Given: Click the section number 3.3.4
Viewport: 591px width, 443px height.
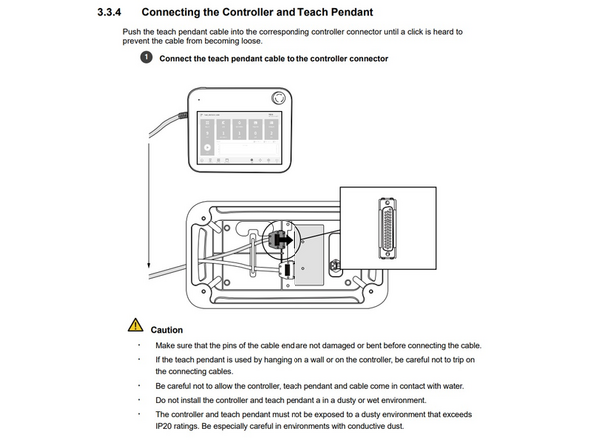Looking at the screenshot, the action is click(109, 12).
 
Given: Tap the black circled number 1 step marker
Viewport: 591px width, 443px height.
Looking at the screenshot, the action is click(146, 57).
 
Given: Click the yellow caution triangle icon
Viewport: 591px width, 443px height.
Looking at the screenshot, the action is click(135, 325).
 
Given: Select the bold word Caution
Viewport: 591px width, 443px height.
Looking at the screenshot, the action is click(166, 330).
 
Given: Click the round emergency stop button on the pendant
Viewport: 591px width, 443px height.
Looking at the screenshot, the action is click(279, 98).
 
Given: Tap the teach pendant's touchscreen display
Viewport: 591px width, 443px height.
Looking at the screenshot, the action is click(239, 138).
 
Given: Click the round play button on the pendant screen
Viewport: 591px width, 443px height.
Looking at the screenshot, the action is click(207, 148).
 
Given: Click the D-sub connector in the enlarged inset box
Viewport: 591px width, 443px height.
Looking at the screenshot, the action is click(387, 228).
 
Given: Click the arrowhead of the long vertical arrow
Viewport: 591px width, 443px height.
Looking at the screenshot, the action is click(149, 264).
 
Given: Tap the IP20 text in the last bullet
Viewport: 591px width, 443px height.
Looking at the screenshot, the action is click(163, 426).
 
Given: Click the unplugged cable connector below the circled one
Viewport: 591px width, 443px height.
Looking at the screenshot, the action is click(287, 270).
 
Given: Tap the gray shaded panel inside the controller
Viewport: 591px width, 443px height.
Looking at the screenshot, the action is click(309, 255).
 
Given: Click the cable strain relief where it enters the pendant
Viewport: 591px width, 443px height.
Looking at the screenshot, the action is click(183, 115).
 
